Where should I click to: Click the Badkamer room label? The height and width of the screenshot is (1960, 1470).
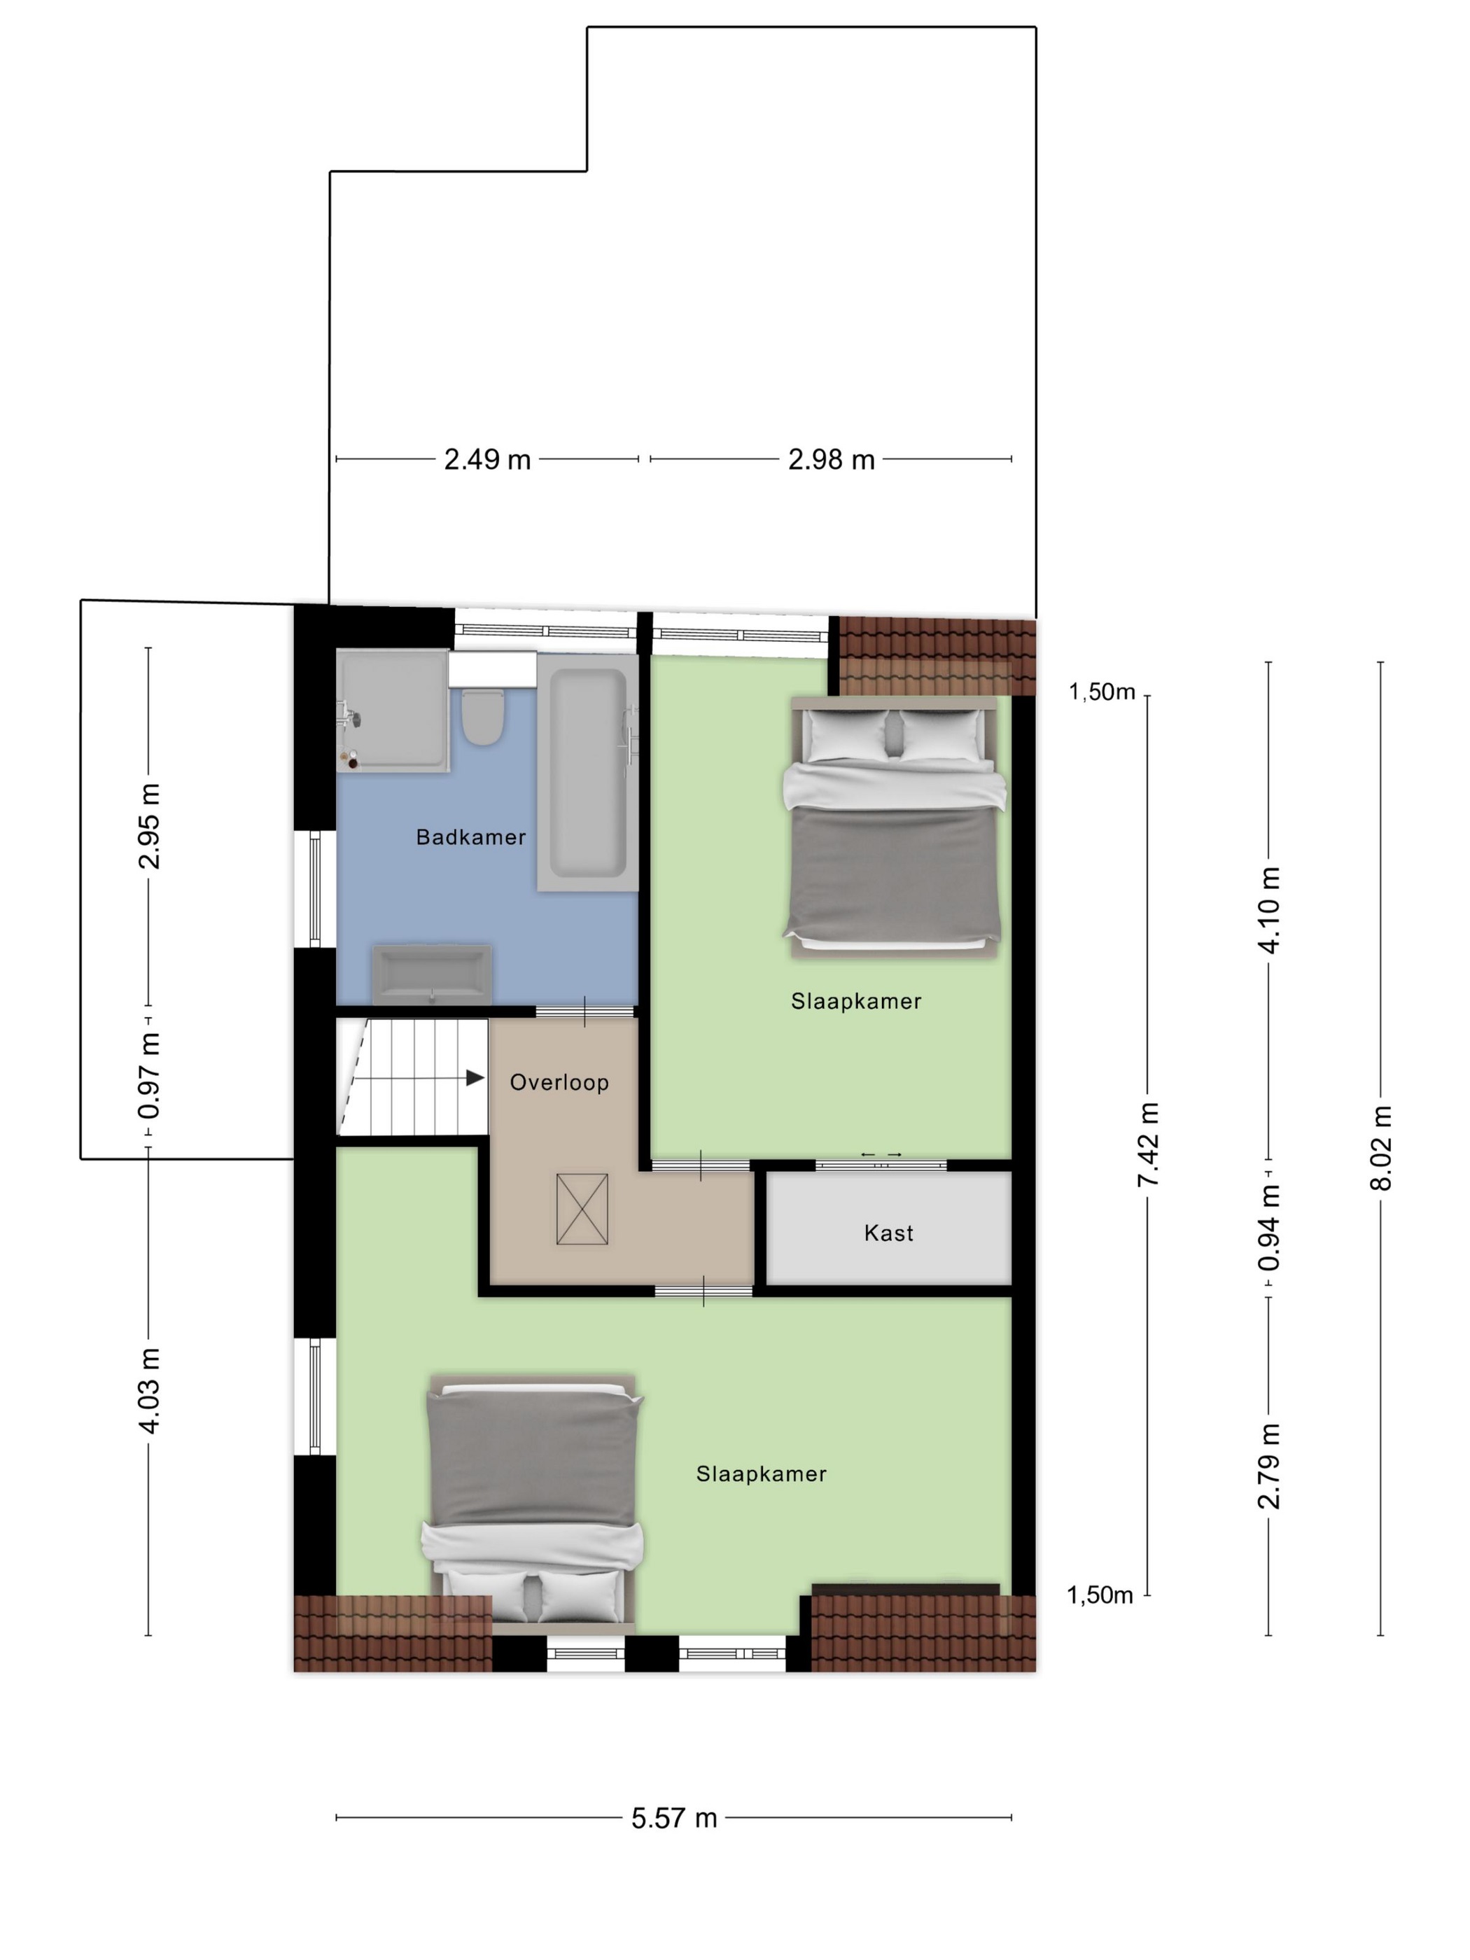click(470, 836)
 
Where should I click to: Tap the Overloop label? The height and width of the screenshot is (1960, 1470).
click(559, 1082)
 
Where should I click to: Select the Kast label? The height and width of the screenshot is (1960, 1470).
click(888, 1233)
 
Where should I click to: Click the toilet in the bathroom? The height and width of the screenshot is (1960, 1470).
click(483, 717)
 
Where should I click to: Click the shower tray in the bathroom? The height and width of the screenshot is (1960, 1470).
click(393, 711)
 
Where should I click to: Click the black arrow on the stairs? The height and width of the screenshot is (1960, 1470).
click(475, 1077)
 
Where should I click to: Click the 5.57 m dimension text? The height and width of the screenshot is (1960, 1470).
click(673, 1818)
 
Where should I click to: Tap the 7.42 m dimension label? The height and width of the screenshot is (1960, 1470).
click(1149, 1144)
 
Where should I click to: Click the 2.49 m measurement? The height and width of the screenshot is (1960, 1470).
click(487, 459)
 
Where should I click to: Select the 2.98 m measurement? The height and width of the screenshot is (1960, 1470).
click(831, 459)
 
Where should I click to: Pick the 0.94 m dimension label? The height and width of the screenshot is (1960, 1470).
click(1269, 1228)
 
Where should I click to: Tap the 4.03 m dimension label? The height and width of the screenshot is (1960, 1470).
click(149, 1391)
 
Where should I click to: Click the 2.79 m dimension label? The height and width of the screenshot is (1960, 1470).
click(1269, 1466)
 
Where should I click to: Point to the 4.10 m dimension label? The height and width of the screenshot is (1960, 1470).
click(1269, 910)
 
